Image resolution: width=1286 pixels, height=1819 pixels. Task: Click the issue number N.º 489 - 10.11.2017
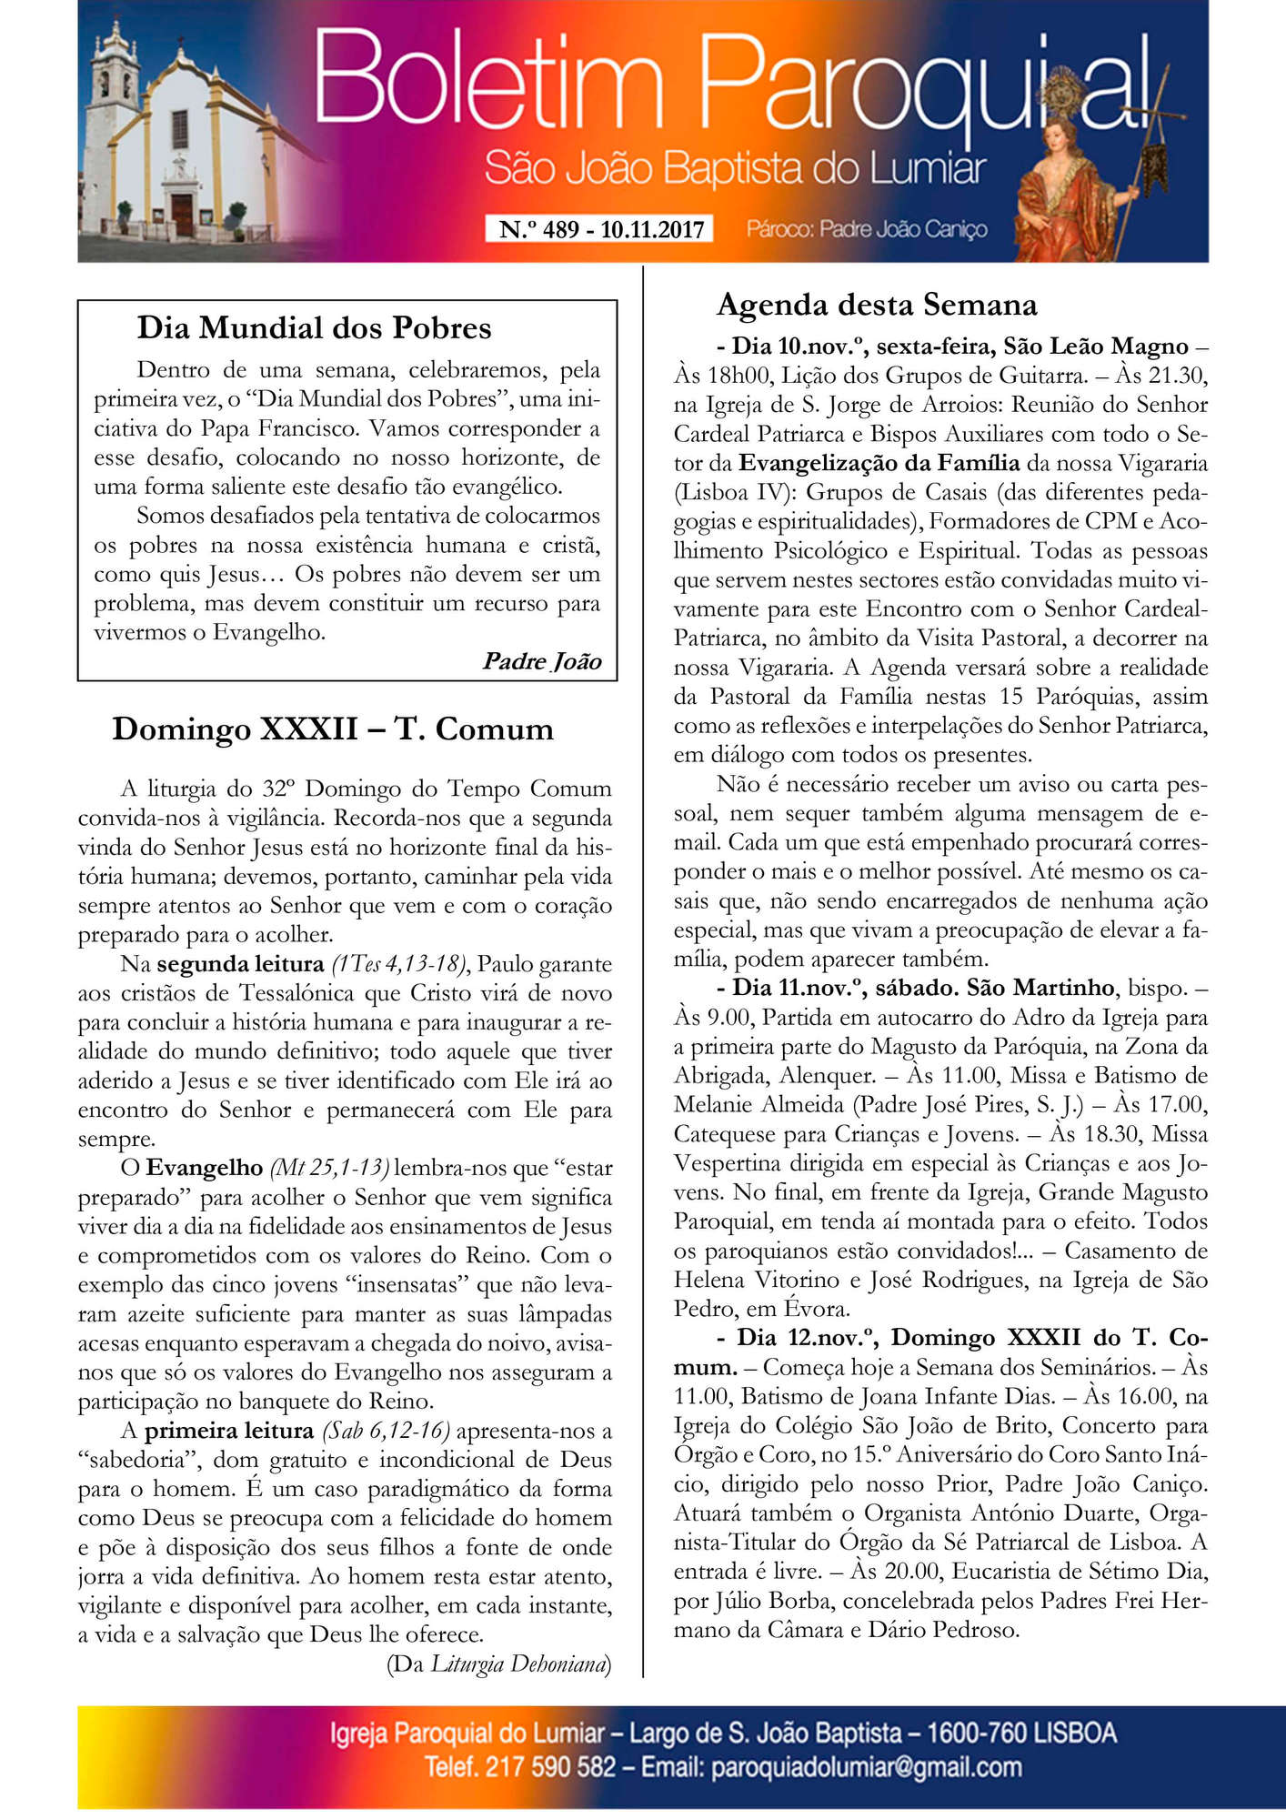[x=600, y=229]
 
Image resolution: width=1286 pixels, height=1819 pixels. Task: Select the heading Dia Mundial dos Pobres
[x=314, y=327]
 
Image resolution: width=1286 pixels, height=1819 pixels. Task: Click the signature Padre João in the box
[x=542, y=661]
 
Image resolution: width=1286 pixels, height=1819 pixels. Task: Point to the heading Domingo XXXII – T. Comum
[x=333, y=729]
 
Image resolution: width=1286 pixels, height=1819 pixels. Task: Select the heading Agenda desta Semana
[x=877, y=305]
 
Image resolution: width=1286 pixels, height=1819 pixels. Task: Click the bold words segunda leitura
[x=240, y=964]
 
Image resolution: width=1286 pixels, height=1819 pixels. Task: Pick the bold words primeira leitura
[x=229, y=1431]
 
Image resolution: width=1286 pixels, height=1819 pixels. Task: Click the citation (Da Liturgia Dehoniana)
[x=498, y=1664]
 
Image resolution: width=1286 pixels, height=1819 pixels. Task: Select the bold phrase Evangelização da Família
[x=879, y=463]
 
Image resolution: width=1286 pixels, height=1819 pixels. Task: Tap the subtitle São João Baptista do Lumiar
[x=735, y=169]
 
